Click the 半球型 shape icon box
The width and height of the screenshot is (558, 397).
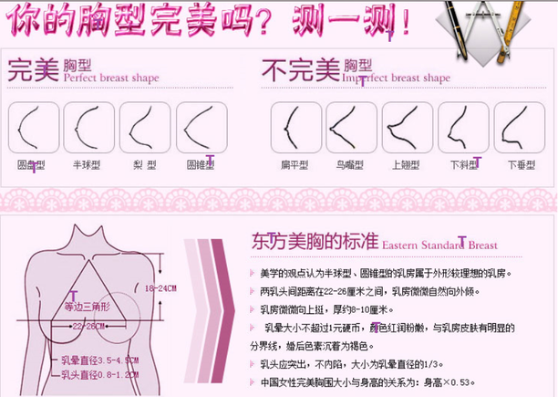click(x=88, y=127)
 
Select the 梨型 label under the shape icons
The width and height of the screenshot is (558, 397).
click(x=145, y=165)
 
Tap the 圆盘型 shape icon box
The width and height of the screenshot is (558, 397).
click(x=34, y=127)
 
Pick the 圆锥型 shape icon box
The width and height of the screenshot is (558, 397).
click(x=201, y=127)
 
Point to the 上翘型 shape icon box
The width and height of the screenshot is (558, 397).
click(x=408, y=127)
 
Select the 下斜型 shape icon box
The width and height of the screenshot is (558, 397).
click(x=463, y=127)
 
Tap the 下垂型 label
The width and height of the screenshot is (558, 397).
click(x=521, y=165)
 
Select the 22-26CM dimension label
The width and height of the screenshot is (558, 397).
click(x=90, y=326)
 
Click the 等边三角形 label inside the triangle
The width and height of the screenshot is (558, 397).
click(x=89, y=307)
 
